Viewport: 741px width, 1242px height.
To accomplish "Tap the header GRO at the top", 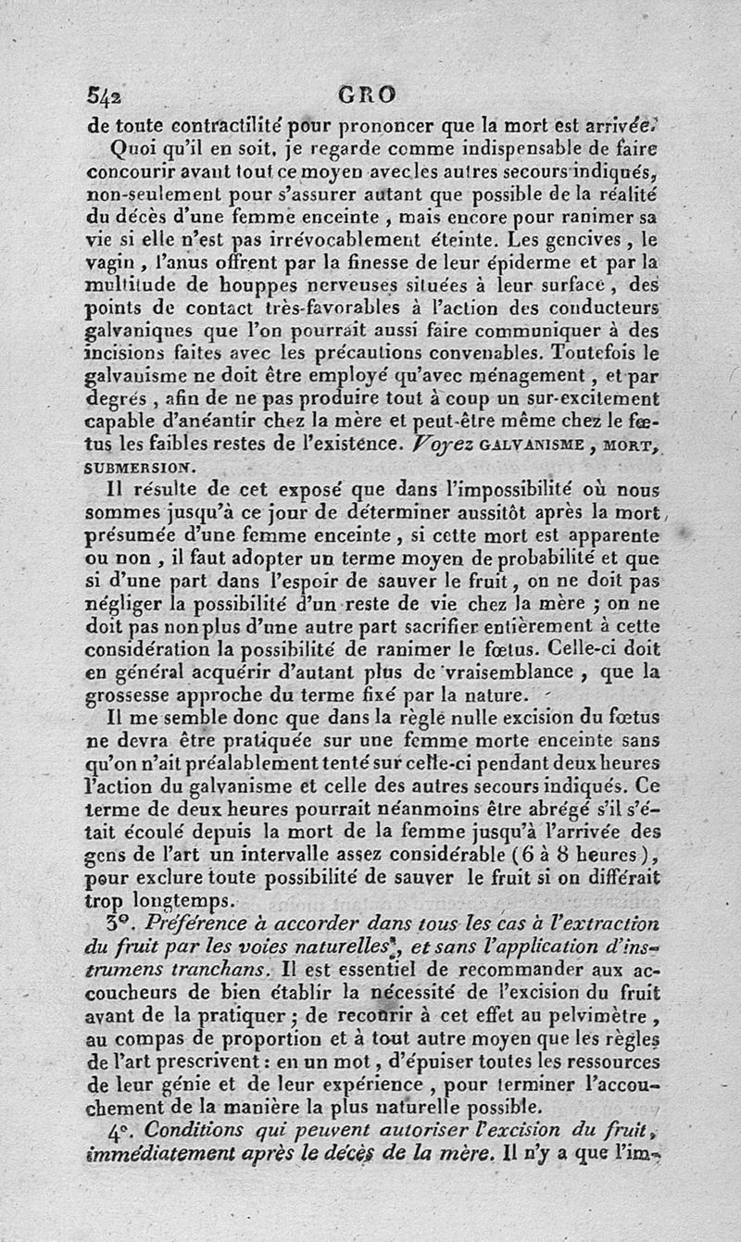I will tap(367, 94).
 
